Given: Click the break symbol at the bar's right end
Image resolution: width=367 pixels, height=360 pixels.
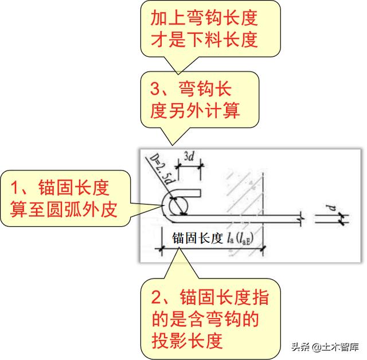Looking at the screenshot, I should pos(300,218).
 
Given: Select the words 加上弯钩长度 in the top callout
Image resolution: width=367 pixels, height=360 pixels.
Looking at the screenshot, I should pos(204,18).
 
